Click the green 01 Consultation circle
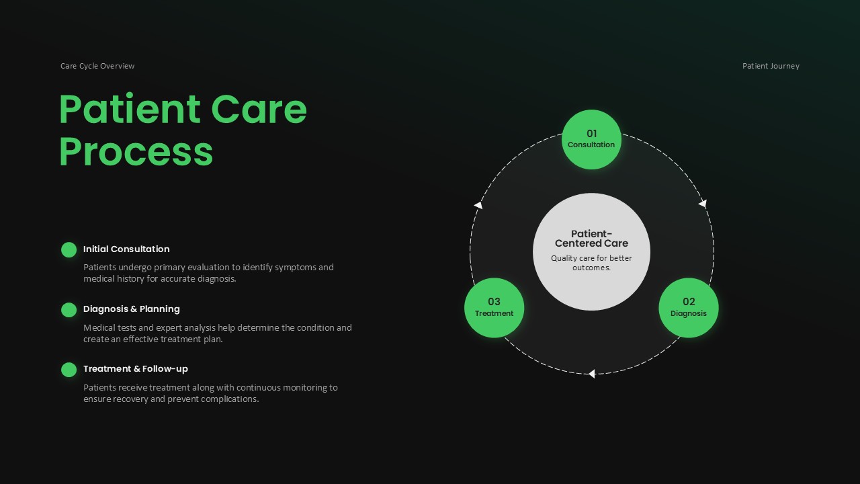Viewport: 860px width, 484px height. point(591,139)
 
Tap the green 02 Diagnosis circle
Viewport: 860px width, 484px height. point(688,307)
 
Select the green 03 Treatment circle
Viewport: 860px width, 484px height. point(494,307)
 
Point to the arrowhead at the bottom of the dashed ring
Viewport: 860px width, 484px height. point(591,374)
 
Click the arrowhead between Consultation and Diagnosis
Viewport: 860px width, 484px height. point(703,203)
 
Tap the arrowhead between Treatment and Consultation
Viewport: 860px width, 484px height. point(478,205)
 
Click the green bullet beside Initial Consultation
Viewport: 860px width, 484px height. point(69,249)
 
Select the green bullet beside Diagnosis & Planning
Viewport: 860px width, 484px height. point(69,310)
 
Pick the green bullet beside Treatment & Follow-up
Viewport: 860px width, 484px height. point(69,370)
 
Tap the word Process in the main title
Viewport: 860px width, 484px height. point(136,151)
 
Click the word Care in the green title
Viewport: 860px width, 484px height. point(259,109)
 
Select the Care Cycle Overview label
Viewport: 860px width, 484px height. point(97,66)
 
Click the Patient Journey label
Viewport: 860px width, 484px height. point(771,66)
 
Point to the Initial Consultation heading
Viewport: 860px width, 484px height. point(126,249)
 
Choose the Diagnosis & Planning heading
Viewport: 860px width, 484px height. point(131,309)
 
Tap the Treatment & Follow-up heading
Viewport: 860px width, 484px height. point(136,369)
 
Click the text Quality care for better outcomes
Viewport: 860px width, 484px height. point(591,263)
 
